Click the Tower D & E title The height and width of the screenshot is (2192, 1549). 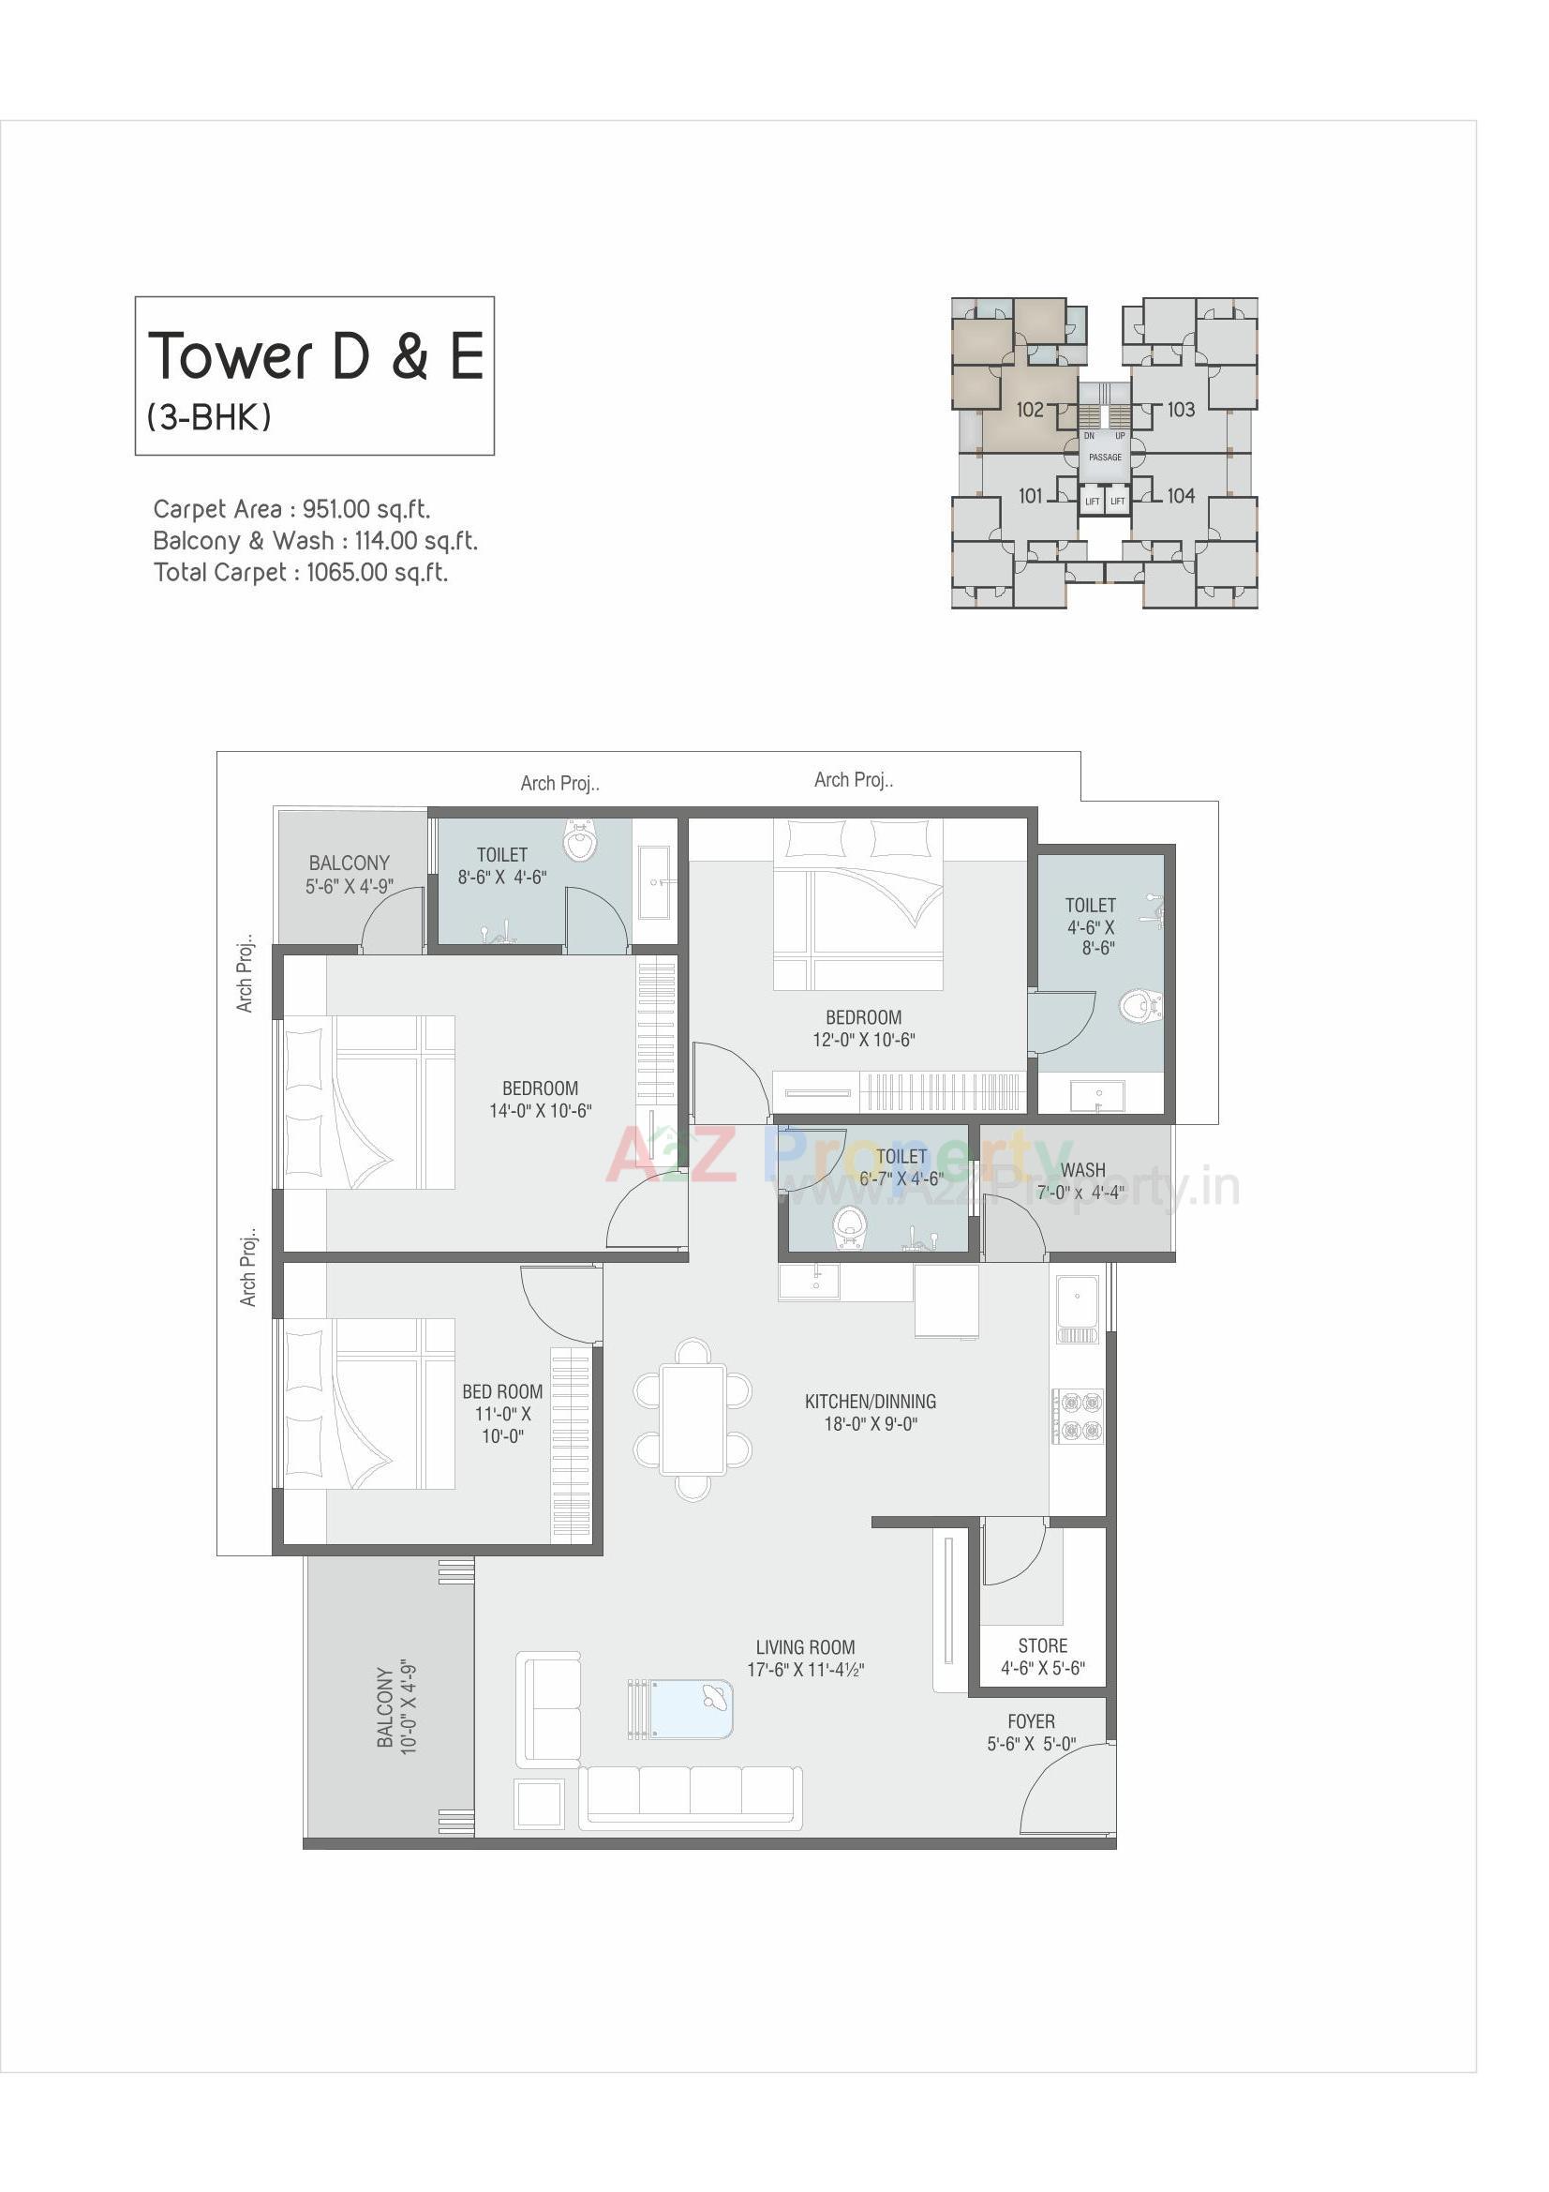(315, 355)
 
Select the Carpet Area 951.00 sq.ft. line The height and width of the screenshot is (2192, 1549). (291, 509)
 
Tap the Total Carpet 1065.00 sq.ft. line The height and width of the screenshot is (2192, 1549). (300, 573)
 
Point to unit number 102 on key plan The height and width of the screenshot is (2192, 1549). (1029, 410)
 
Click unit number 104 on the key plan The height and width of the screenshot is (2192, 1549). (1181, 495)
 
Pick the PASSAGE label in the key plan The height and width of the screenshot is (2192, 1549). (1105, 458)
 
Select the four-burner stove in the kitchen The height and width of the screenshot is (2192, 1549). (1079, 1416)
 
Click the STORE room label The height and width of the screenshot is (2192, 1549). (1042, 1646)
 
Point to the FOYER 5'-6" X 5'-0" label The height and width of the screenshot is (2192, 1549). (1031, 1733)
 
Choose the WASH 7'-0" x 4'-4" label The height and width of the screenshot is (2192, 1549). (1081, 1181)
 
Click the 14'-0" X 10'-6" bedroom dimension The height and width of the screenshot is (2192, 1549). (540, 1111)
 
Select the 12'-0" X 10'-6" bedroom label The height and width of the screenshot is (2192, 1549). (863, 1029)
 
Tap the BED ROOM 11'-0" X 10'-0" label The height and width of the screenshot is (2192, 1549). (502, 1414)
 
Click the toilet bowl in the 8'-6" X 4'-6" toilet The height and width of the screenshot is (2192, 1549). (578, 842)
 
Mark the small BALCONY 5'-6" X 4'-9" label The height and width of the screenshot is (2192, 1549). (350, 875)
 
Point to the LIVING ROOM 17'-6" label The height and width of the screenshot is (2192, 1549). (805, 1659)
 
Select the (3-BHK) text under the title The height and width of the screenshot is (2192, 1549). (209, 417)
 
